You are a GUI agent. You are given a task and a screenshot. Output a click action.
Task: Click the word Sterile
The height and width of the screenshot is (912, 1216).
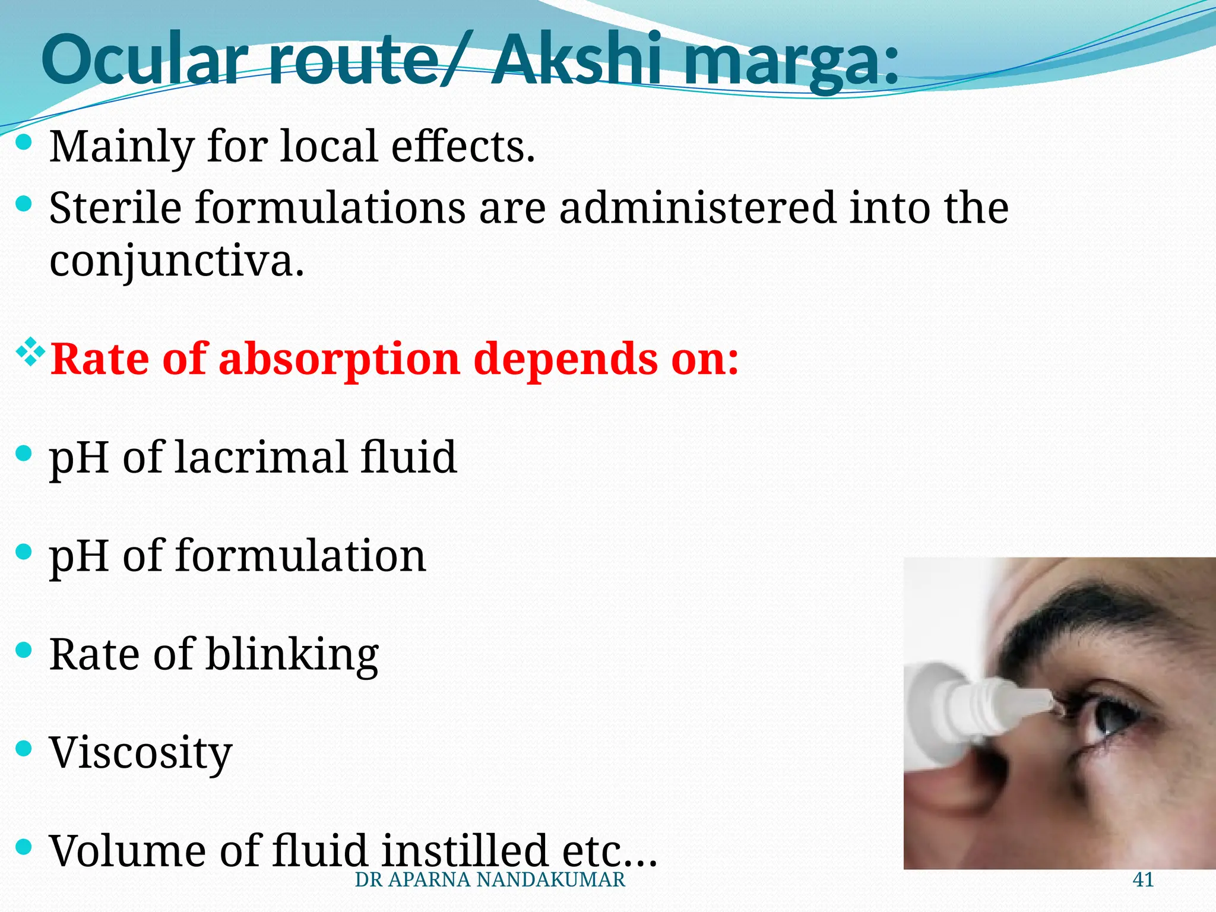coord(115,208)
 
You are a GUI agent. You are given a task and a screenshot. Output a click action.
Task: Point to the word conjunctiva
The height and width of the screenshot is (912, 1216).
coord(176,261)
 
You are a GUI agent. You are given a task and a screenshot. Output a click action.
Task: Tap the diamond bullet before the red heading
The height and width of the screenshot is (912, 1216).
coord(30,351)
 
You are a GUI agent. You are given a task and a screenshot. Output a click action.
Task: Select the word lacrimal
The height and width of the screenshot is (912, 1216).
coord(261,457)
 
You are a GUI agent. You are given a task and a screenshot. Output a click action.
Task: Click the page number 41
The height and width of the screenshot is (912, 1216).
coord(1143,880)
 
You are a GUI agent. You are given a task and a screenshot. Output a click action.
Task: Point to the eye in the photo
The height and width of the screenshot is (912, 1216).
coord(1107,718)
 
